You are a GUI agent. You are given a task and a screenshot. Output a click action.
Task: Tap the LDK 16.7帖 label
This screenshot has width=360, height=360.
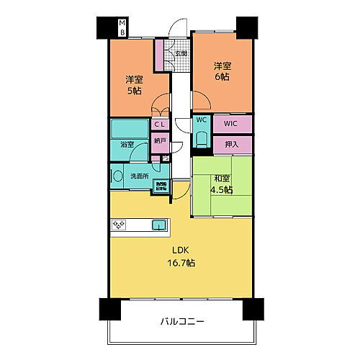coord(181,258)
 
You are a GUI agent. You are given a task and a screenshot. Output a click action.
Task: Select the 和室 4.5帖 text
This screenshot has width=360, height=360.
coord(221,184)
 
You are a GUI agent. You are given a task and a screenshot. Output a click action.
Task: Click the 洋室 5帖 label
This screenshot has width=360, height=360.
coord(134,85)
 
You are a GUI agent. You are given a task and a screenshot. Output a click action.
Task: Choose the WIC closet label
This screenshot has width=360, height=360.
coord(230,123)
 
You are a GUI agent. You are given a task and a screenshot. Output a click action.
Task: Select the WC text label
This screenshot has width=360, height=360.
coord(201,121)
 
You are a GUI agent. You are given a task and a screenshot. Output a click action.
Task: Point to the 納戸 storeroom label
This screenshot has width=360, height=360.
coord(159,142)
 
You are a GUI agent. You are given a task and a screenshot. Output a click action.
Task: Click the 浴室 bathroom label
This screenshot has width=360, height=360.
coord(126,145)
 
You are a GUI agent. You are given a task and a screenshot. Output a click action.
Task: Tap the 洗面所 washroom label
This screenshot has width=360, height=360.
coord(139,175)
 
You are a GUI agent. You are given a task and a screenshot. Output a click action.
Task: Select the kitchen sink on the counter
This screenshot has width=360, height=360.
coord(158,225)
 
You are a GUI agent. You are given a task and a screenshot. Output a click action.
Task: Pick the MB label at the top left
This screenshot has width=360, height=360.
coord(122,29)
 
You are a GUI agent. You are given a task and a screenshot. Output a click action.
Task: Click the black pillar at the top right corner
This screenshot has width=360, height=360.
coord(246,27)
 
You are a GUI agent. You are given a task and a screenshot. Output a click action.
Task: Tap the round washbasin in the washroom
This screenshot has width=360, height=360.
coord(117,175)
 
